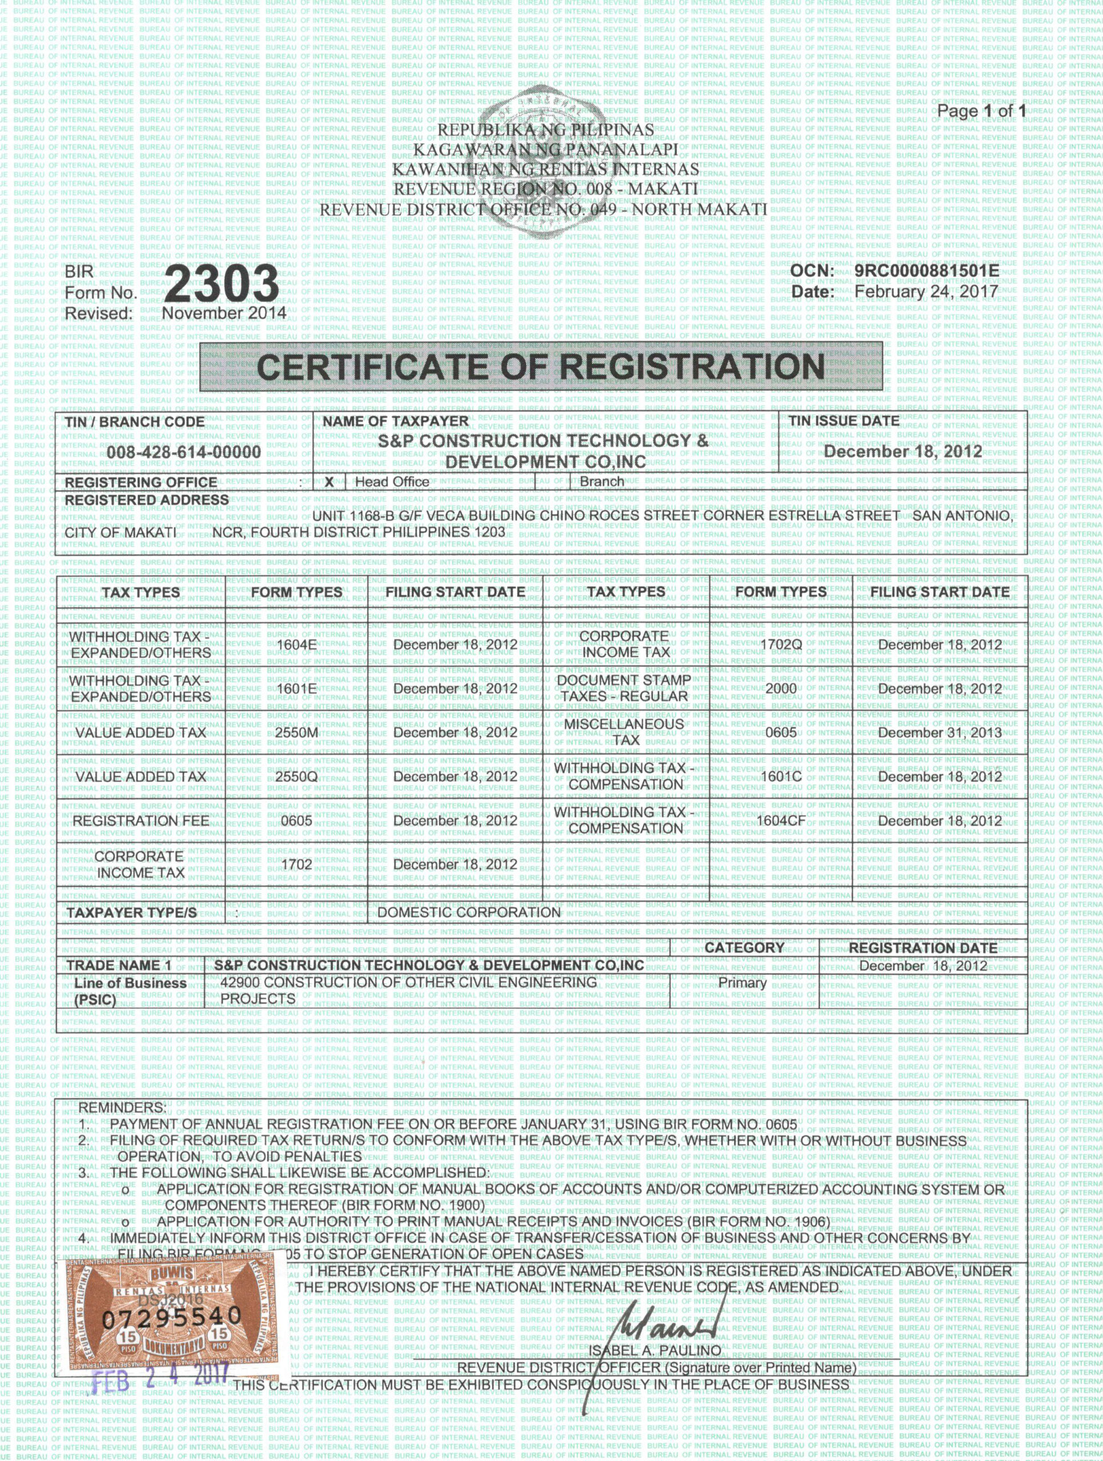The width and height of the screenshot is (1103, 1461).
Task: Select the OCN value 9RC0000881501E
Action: click(926, 272)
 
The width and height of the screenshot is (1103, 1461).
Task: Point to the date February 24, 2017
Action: click(926, 291)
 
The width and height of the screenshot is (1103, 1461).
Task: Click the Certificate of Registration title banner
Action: click(540, 367)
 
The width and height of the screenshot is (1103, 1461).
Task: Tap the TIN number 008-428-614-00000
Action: click(184, 453)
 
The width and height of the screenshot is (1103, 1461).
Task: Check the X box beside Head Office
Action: click(329, 482)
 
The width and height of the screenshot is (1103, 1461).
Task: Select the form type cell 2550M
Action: click(297, 732)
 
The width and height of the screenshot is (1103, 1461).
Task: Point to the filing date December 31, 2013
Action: click(939, 732)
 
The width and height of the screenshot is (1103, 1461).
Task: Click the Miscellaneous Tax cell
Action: click(625, 732)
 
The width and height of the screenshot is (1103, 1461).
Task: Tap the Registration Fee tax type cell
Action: click(141, 821)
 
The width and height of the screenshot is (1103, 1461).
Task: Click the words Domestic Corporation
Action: click(468, 913)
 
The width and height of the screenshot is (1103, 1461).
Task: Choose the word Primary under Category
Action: click(742, 983)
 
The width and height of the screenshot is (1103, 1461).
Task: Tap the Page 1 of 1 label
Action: click(981, 111)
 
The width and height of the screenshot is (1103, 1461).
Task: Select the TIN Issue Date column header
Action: click(843, 421)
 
